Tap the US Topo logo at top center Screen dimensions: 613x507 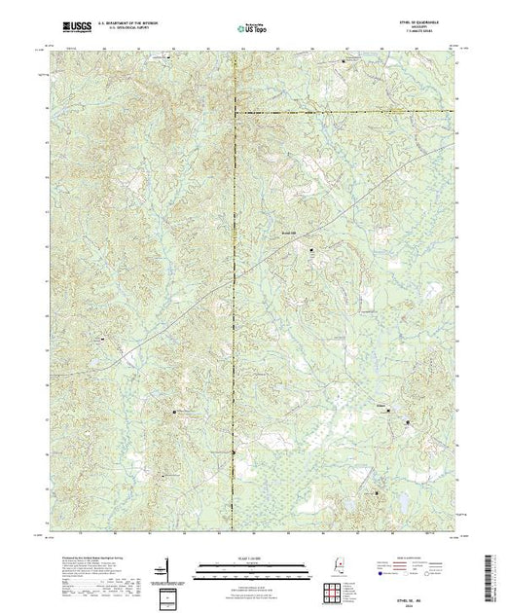[x=252, y=30]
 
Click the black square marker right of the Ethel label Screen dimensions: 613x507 [x=407, y=422]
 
